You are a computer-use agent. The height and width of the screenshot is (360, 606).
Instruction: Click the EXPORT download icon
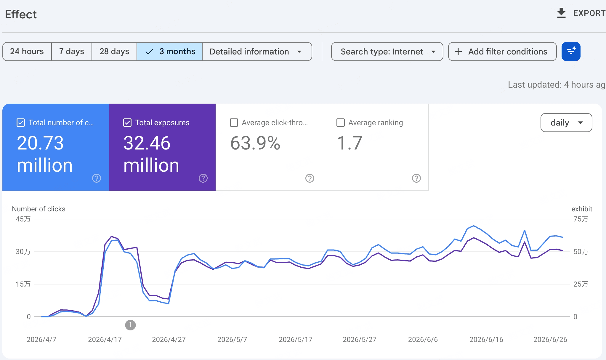point(561,13)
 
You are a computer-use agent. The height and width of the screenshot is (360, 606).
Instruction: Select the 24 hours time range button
point(27,52)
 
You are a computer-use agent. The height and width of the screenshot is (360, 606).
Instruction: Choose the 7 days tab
point(72,52)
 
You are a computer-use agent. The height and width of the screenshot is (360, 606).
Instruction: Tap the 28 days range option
point(114,52)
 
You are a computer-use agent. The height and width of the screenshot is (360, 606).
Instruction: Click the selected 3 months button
point(170,52)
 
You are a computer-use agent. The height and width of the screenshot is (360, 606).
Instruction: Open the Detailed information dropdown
point(257,52)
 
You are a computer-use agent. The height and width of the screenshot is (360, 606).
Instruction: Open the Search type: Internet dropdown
point(387,52)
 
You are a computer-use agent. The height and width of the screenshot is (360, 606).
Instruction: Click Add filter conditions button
point(502,52)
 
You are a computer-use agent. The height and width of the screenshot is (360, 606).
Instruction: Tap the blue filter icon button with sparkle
point(571,52)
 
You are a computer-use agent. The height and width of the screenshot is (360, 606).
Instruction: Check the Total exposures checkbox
point(127,123)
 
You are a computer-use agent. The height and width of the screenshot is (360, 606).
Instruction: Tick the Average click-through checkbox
point(234,123)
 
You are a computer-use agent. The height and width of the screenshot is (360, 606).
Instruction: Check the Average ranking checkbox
point(341,123)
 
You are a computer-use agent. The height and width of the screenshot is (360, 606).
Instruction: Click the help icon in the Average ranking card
point(416,178)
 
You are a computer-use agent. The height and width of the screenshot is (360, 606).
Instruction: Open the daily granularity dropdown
point(566,123)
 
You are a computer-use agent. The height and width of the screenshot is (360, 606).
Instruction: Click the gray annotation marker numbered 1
point(130,325)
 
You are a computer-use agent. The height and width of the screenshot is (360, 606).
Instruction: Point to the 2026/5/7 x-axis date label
point(232,340)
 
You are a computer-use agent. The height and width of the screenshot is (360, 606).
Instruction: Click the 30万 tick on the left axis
point(23,252)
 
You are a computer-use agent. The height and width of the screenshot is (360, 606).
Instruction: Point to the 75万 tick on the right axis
point(581,219)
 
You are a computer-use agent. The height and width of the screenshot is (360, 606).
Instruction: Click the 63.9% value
point(255,143)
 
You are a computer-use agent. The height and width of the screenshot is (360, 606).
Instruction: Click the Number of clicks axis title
point(39,209)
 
